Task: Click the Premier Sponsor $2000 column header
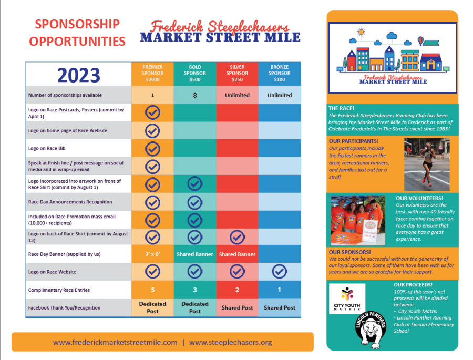(152, 74)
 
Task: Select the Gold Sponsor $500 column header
(195, 74)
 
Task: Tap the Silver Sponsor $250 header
(237, 74)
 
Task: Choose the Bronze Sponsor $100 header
(280, 74)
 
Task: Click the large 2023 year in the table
(79, 75)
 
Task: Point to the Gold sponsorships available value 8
(195, 95)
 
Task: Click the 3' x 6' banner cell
(152, 254)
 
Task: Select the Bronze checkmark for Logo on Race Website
(280, 272)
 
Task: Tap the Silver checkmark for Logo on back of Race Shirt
(237, 237)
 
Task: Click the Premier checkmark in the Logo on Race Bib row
(152, 148)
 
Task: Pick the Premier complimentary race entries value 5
(152, 290)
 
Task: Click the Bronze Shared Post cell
(280, 308)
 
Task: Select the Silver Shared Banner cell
(237, 254)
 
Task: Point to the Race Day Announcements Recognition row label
(70, 202)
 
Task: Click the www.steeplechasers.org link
(231, 342)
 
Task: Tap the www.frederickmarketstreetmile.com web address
(115, 342)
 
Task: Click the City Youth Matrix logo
(347, 299)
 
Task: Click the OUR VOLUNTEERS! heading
(419, 198)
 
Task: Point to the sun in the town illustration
(361, 32)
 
